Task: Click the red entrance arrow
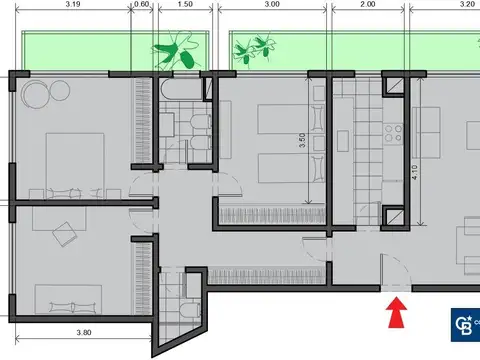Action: click(x=397, y=315)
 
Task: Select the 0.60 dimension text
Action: click(x=143, y=5)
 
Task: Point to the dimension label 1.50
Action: click(x=184, y=5)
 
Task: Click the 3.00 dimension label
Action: click(x=270, y=5)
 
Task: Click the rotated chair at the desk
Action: click(x=66, y=233)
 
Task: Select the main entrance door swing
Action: click(x=394, y=270)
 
